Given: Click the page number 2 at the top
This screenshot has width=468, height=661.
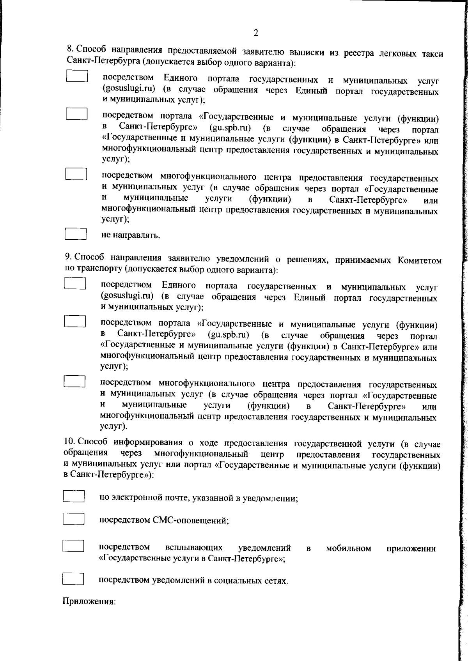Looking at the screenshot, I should pos(256,33).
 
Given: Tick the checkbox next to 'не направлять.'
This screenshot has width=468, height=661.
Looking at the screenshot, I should pos(75,234).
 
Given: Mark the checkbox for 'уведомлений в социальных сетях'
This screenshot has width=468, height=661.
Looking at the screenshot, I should pos(73,579).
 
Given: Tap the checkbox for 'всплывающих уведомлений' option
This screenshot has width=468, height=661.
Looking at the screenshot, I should pos(73,546).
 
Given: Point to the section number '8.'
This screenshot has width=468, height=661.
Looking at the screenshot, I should pos(70,49).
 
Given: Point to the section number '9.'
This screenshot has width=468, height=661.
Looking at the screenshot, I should pos(68,257).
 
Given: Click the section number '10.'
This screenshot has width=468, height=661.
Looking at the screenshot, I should pos(69,443).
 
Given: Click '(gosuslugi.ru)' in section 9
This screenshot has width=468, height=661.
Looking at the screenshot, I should pos(127,297).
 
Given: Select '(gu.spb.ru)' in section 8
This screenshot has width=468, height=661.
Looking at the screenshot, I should pos(230,128).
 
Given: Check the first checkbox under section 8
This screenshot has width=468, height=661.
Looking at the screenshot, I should pos(76,76).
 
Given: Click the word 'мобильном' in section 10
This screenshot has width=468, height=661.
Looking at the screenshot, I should pos(348,548).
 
